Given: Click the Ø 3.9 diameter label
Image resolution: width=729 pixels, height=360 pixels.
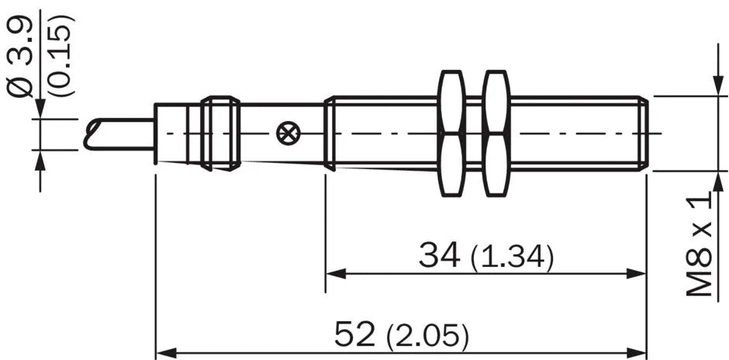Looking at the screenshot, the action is (19, 57).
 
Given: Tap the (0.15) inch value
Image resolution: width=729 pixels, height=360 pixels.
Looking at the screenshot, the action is (61, 56).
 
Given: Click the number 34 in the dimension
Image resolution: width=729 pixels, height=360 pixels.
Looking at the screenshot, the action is (440, 255).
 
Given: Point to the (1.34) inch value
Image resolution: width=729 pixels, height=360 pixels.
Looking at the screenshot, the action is (512, 258).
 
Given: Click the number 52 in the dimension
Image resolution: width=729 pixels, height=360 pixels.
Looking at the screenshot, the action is (354, 334).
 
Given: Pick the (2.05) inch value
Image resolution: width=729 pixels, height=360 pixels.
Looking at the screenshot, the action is (427, 336).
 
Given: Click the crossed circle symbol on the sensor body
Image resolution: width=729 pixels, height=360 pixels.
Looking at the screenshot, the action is (288, 134).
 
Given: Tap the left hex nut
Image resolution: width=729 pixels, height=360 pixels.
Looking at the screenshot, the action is (451, 133).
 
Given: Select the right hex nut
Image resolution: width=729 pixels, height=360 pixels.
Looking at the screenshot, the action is (496, 133).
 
